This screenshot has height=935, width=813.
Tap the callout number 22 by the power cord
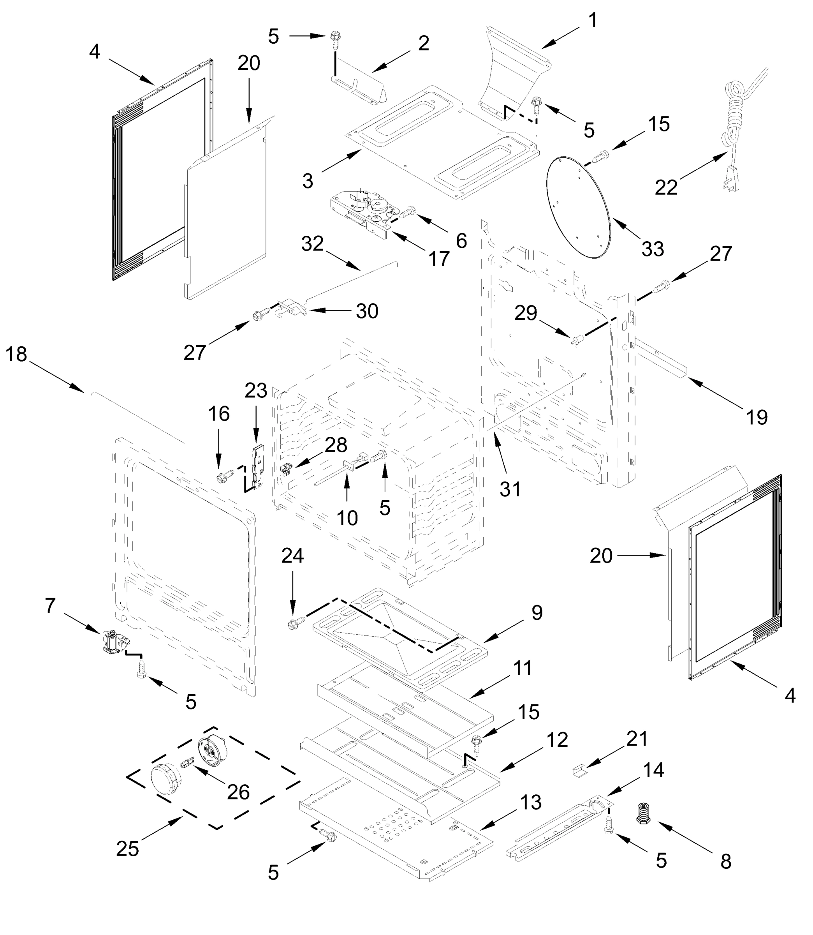pos(665,187)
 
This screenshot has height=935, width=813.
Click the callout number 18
pos(16,355)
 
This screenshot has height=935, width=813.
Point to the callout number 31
pos(510,489)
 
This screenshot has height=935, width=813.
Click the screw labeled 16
pos(225,476)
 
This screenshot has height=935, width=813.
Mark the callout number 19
pos(756,417)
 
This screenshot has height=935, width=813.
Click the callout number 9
pos(537,613)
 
